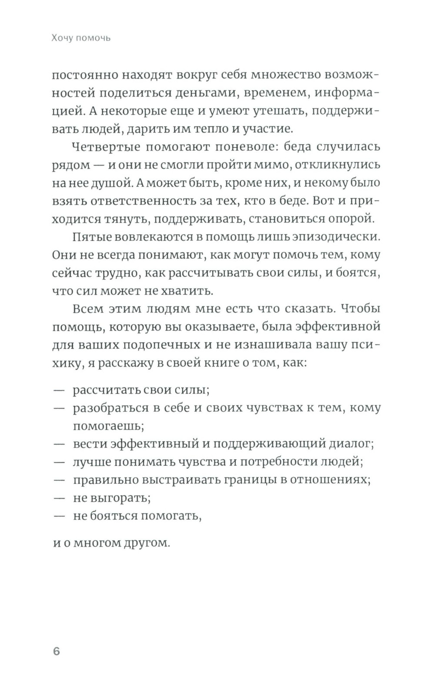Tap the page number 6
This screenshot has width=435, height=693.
(x=56, y=651)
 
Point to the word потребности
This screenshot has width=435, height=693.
(x=277, y=462)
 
